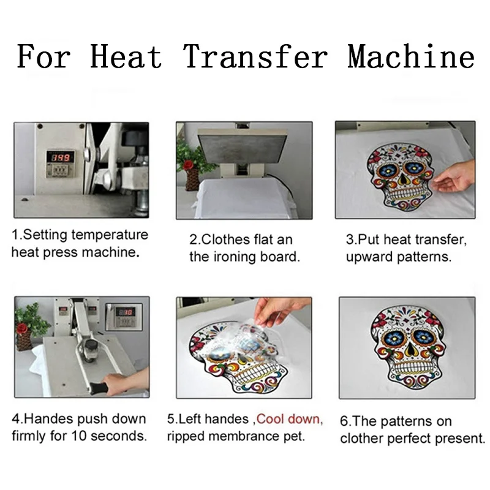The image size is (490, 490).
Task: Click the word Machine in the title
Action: tap(411, 56)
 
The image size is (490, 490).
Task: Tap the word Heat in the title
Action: tap(126, 56)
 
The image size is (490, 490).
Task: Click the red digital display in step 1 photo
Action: tap(61, 157)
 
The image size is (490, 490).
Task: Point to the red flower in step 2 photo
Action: tap(189, 165)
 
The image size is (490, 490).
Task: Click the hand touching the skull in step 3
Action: tap(455, 178)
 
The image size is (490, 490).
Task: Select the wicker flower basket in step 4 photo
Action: tap(24, 341)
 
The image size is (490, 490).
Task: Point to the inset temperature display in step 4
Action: tap(124, 317)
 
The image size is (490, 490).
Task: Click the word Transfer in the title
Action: tap(255, 56)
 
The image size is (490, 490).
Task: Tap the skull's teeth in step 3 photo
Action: tap(402, 194)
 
